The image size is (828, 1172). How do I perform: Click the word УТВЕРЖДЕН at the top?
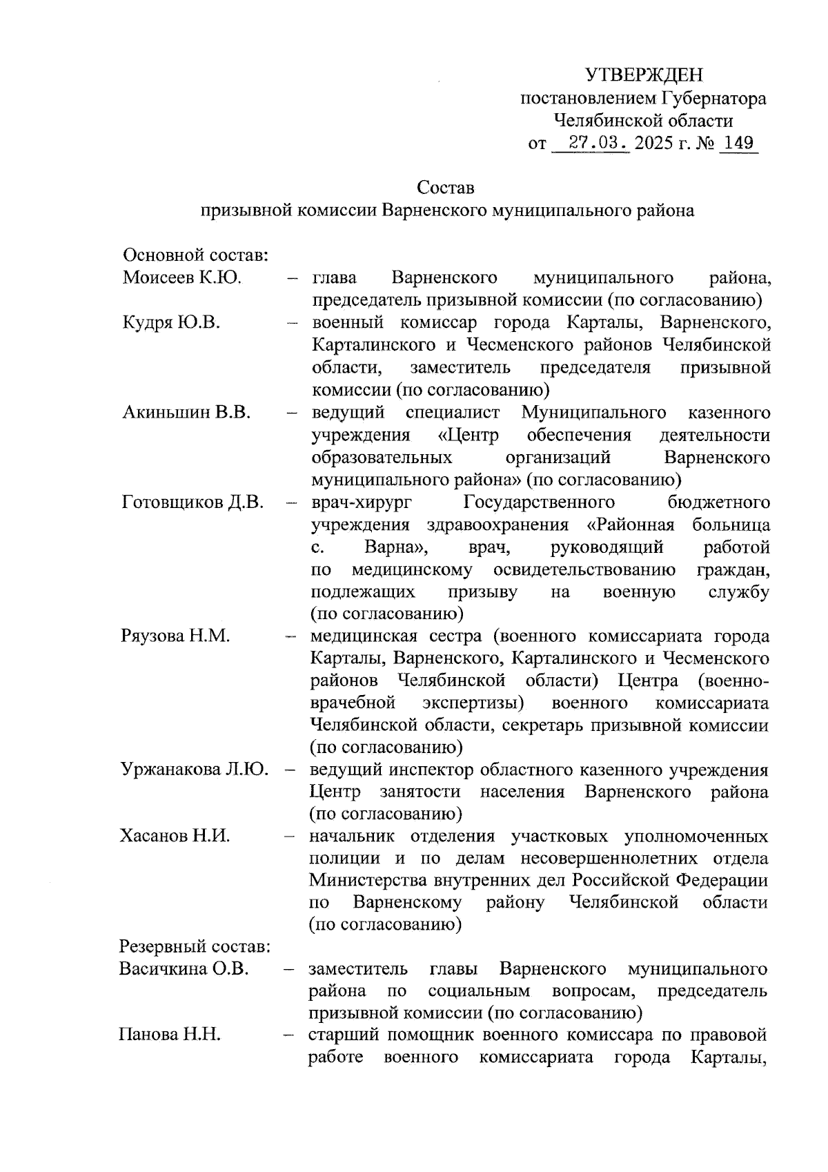(644, 75)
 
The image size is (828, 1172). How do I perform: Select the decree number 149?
(738, 144)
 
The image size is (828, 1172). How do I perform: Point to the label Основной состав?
(195, 255)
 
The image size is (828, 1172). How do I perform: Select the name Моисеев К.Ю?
(181, 278)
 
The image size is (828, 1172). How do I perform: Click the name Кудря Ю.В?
(171, 322)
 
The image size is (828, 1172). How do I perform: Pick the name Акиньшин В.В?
(186, 413)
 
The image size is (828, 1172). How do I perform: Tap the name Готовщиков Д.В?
(193, 502)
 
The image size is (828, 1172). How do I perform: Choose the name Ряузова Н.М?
(175, 636)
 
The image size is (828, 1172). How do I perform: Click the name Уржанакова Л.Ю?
(195, 769)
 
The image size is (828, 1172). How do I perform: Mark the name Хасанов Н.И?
(175, 836)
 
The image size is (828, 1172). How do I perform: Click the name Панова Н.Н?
(170, 1035)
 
